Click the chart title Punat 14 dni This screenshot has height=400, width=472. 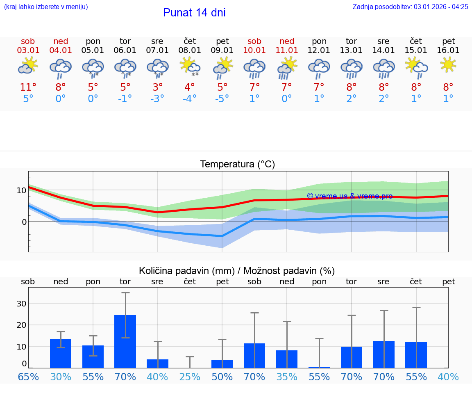tap(194, 13)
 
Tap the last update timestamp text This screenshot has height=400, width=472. tap(410, 7)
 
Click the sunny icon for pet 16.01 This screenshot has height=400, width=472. tap(448, 64)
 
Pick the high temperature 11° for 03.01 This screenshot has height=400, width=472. tap(28, 87)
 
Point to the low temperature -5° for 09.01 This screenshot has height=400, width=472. tap(222, 99)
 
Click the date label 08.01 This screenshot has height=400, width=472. tap(190, 50)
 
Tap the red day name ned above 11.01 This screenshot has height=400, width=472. tap(287, 41)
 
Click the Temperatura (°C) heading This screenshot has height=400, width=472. tap(237, 165)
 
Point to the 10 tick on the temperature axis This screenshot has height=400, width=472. tap(21, 190)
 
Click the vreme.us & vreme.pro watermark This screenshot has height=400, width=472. tap(349, 196)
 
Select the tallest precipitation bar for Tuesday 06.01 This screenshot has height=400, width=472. tap(125, 341)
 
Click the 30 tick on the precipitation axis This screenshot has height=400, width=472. tap(21, 304)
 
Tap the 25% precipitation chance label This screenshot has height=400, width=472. tap(190, 377)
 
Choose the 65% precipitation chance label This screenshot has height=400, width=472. tap(28, 377)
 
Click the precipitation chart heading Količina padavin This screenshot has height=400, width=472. tap(237, 271)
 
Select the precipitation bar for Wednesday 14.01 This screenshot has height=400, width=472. tap(383, 354)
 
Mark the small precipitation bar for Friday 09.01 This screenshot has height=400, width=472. tap(222, 364)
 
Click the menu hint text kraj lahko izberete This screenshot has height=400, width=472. tap(45, 7)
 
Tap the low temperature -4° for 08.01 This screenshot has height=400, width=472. tap(190, 99)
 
